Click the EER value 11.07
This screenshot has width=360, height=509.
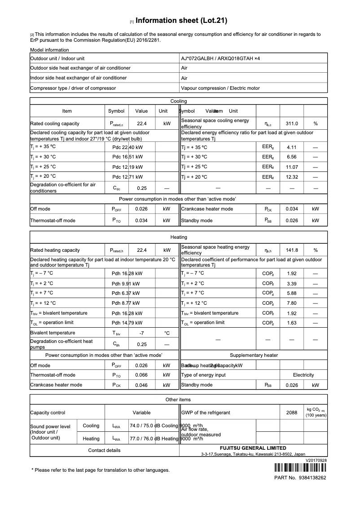[292, 167]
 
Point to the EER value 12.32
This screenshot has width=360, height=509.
[292, 177]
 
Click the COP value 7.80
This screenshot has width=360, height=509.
[292, 303]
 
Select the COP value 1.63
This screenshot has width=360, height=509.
[292, 323]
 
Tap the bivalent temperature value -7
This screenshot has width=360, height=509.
[141, 333]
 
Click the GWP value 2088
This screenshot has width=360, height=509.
[292, 412]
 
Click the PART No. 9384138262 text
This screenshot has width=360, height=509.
[300, 478]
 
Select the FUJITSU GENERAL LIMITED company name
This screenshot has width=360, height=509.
[253, 448]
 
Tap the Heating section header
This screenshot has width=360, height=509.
[179, 237]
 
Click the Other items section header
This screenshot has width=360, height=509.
[178, 399]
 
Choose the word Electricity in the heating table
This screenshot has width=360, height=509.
[303, 375]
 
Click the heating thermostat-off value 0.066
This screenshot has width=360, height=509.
[141, 375]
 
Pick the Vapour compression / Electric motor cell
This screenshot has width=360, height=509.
[220, 88]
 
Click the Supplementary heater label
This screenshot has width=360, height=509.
[254, 355]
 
